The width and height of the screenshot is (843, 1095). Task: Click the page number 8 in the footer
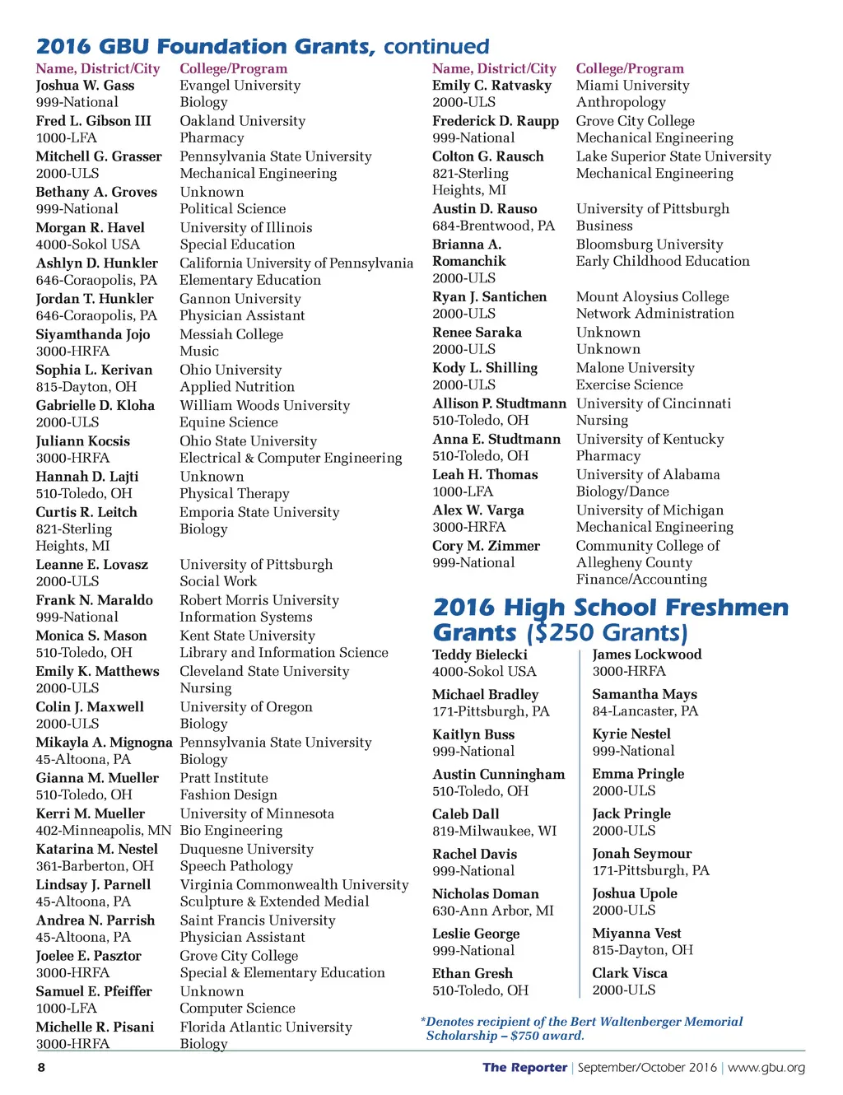[x=41, y=1068]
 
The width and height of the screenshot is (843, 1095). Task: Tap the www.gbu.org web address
[x=766, y=1068]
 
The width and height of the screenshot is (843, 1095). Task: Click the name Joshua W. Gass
[x=85, y=86]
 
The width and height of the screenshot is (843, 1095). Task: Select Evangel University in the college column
[x=240, y=86]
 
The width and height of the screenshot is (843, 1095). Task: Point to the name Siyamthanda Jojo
[x=92, y=334]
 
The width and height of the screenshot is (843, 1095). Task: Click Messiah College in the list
[x=231, y=334]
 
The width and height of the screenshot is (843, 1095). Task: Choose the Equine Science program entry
[x=229, y=422]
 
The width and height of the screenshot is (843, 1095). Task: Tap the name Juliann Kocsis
[x=82, y=441]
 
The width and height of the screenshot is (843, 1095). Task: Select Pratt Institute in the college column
[x=224, y=778]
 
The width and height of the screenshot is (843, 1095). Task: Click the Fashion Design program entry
[x=228, y=795]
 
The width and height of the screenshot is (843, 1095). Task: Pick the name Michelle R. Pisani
[x=95, y=1027]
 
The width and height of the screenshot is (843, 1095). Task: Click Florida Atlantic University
[x=266, y=1027]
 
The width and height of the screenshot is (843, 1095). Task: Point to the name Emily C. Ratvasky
[x=491, y=86]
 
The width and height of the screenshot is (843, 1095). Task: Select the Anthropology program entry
[x=621, y=102]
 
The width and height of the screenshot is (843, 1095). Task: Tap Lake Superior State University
[x=673, y=156]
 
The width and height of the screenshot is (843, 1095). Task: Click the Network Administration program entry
[x=654, y=314]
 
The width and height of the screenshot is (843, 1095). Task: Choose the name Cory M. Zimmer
[x=486, y=546]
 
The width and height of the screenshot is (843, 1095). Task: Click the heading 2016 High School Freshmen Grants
[x=609, y=619]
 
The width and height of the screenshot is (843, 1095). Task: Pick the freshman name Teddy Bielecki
[x=479, y=655]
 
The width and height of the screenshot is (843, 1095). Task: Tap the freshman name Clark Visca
[x=630, y=973]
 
